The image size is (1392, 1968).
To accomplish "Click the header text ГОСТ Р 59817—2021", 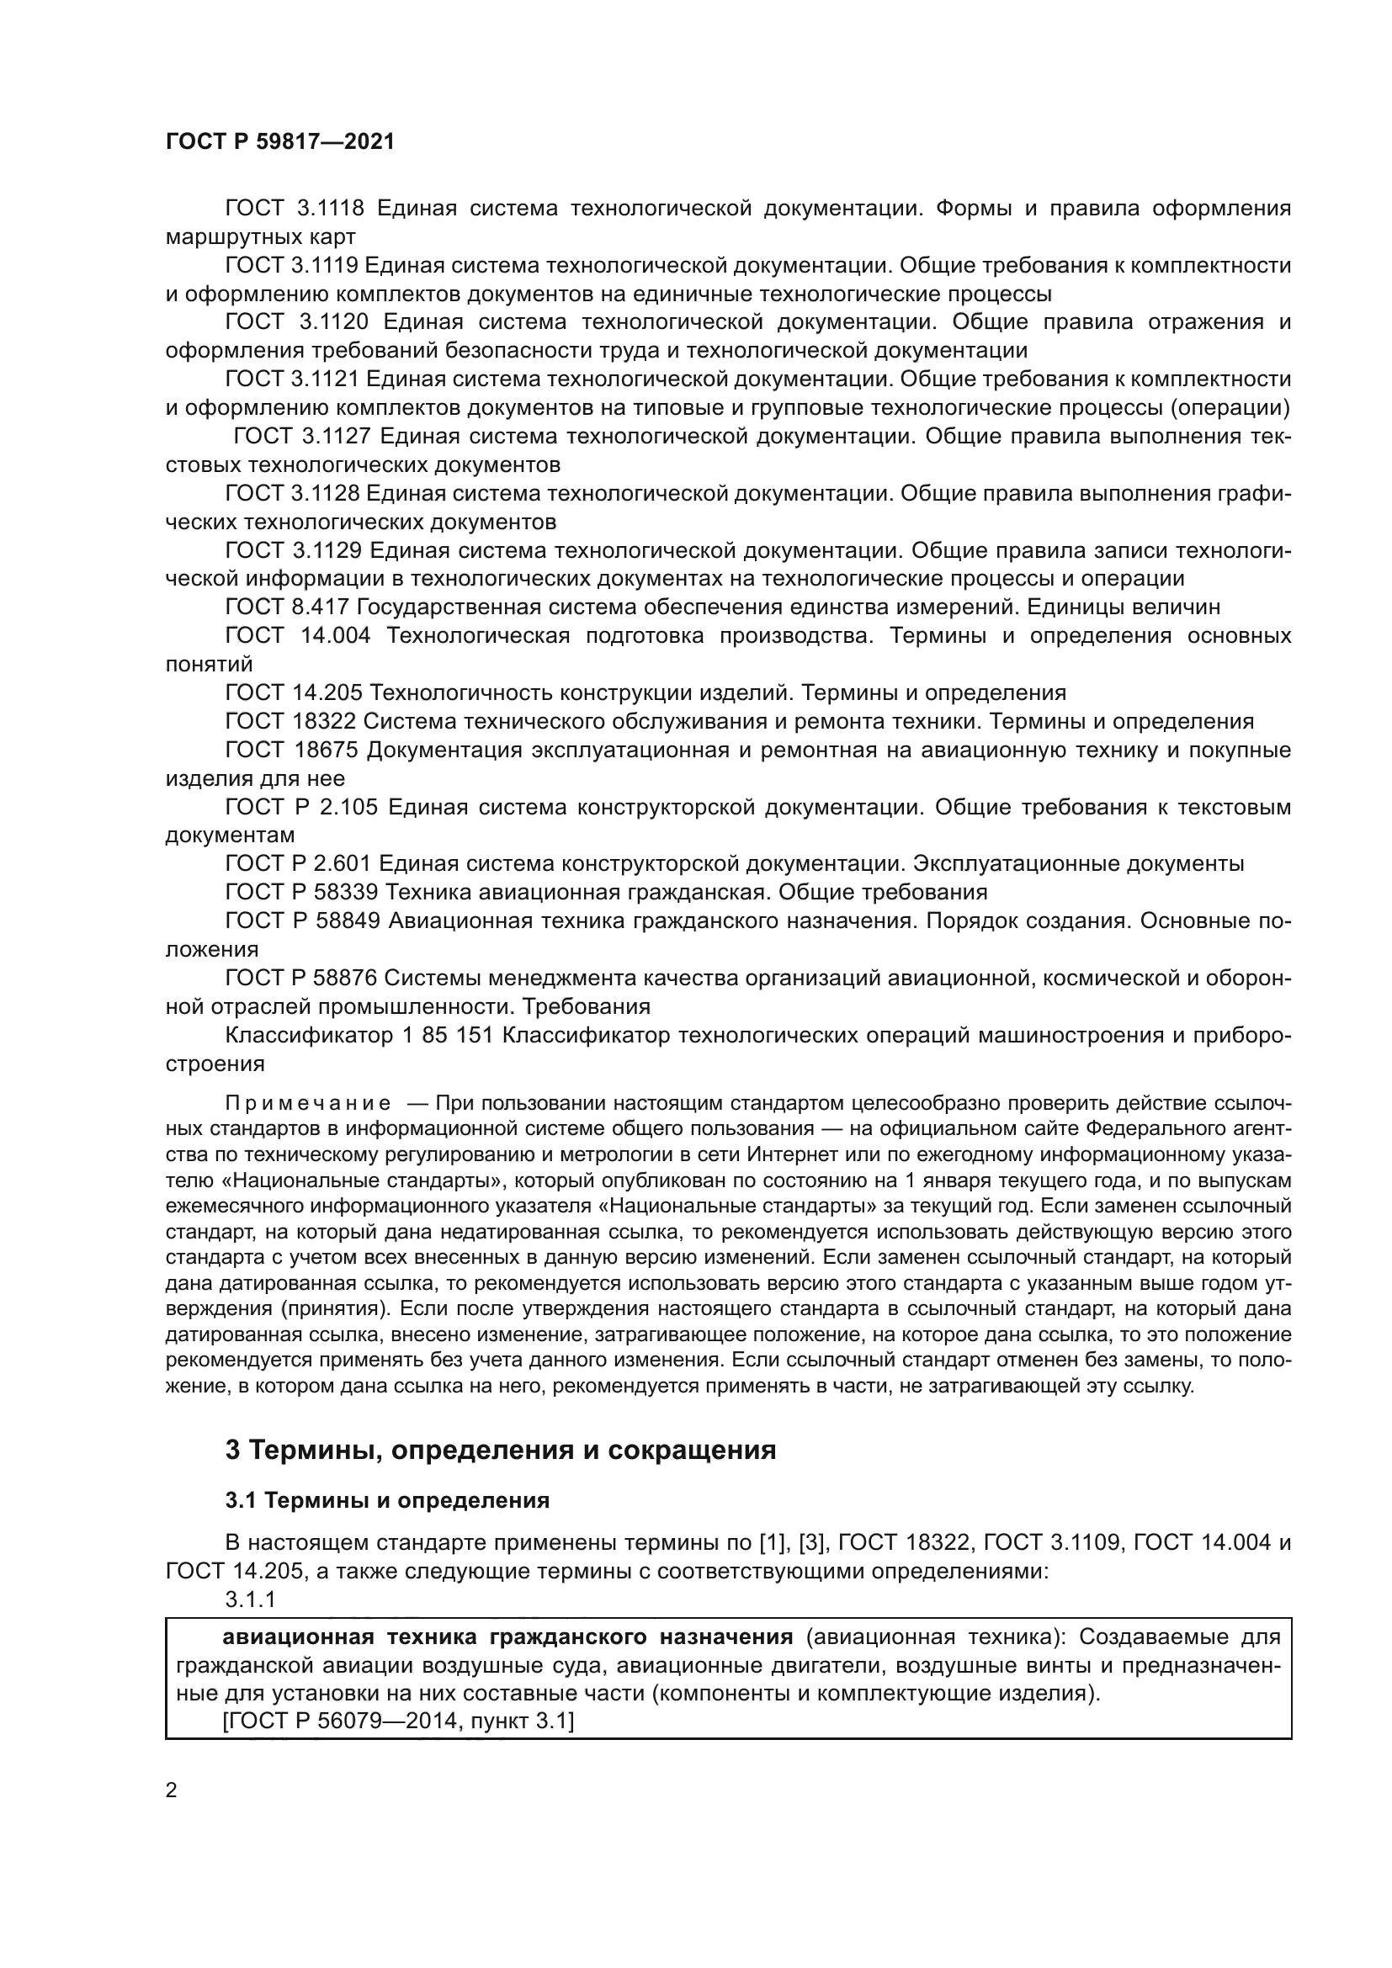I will point(280,141).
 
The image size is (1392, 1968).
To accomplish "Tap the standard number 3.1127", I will point(336,437).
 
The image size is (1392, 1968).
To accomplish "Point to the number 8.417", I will point(319,607).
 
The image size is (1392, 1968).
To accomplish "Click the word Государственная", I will point(443,607).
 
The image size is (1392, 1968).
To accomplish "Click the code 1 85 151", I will point(448,1036).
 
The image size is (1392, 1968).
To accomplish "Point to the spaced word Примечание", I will point(308,1103).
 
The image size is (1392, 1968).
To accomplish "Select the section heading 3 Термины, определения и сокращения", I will point(501,1451).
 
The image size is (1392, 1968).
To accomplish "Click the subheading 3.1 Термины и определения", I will point(386,1501).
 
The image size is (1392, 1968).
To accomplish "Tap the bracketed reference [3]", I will point(810,1543).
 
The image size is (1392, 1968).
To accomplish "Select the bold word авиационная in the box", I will point(297,1637).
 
